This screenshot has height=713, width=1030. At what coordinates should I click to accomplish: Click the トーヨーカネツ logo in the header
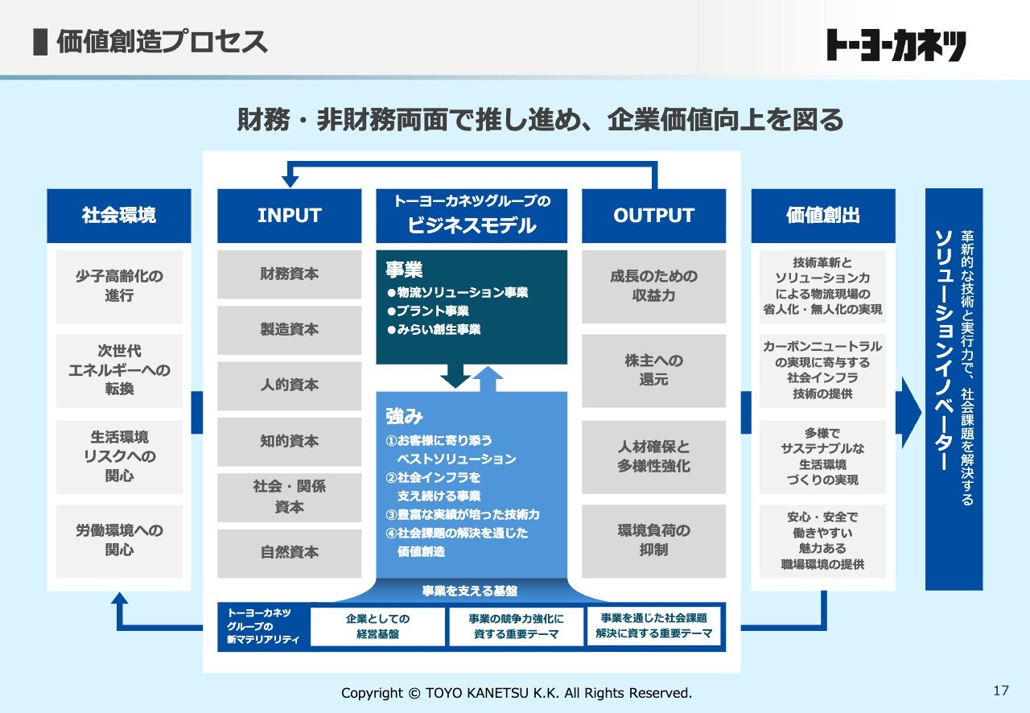pos(896,45)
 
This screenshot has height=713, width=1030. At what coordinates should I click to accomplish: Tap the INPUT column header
pos(289,216)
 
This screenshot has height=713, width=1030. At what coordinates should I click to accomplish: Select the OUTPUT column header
pos(654,216)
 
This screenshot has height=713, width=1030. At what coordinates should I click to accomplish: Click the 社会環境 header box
pos(118,216)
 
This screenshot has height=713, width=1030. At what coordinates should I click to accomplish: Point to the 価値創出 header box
pos(823,216)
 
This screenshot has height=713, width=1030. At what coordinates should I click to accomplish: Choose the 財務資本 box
pos(289,274)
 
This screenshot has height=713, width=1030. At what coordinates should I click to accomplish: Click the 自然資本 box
pos(289,553)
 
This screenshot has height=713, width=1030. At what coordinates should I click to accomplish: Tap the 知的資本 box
pos(289,442)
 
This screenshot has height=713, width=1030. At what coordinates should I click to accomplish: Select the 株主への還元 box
pos(654,370)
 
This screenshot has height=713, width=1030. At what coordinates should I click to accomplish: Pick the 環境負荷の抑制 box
pos(654,541)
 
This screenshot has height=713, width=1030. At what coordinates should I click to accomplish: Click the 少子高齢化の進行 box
pos(119,286)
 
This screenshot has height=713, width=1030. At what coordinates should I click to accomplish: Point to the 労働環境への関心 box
pos(119,541)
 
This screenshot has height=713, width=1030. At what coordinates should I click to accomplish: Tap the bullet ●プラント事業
pos(428,311)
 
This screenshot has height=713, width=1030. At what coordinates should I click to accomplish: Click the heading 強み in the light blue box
pos(404,416)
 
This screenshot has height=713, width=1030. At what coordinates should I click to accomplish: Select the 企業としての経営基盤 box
pos(377,627)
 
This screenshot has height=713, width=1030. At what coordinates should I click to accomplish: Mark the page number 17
pos(1001,690)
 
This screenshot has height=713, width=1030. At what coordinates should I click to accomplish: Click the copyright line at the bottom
pos(517,693)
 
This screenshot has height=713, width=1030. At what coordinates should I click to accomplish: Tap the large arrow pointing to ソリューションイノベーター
pos(908,412)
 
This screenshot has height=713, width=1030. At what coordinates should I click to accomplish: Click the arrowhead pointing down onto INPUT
pos(290,182)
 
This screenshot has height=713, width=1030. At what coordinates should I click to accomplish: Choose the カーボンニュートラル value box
pos(822,370)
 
